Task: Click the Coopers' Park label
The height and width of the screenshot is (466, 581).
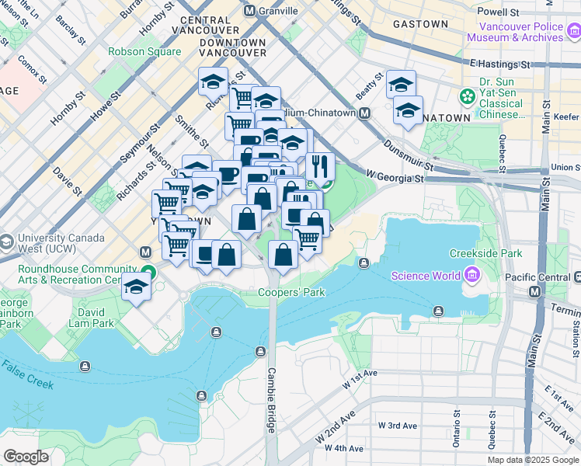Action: click(x=291, y=293)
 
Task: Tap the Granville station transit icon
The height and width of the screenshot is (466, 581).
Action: click(x=250, y=11)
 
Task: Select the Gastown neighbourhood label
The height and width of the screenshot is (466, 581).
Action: click(x=420, y=24)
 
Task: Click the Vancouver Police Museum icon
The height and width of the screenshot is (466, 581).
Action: click(x=573, y=31)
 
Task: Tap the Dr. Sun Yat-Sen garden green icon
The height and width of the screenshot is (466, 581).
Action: click(x=468, y=97)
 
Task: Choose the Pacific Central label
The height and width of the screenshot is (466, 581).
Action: click(x=536, y=276)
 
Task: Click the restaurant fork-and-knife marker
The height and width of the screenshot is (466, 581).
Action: click(x=319, y=165)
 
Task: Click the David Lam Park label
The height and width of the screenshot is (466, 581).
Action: click(x=91, y=318)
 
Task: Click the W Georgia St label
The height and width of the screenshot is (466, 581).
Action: click(x=396, y=178)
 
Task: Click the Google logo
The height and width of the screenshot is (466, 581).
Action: click(x=26, y=457)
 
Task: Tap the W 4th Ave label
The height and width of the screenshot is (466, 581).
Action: click(x=344, y=448)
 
